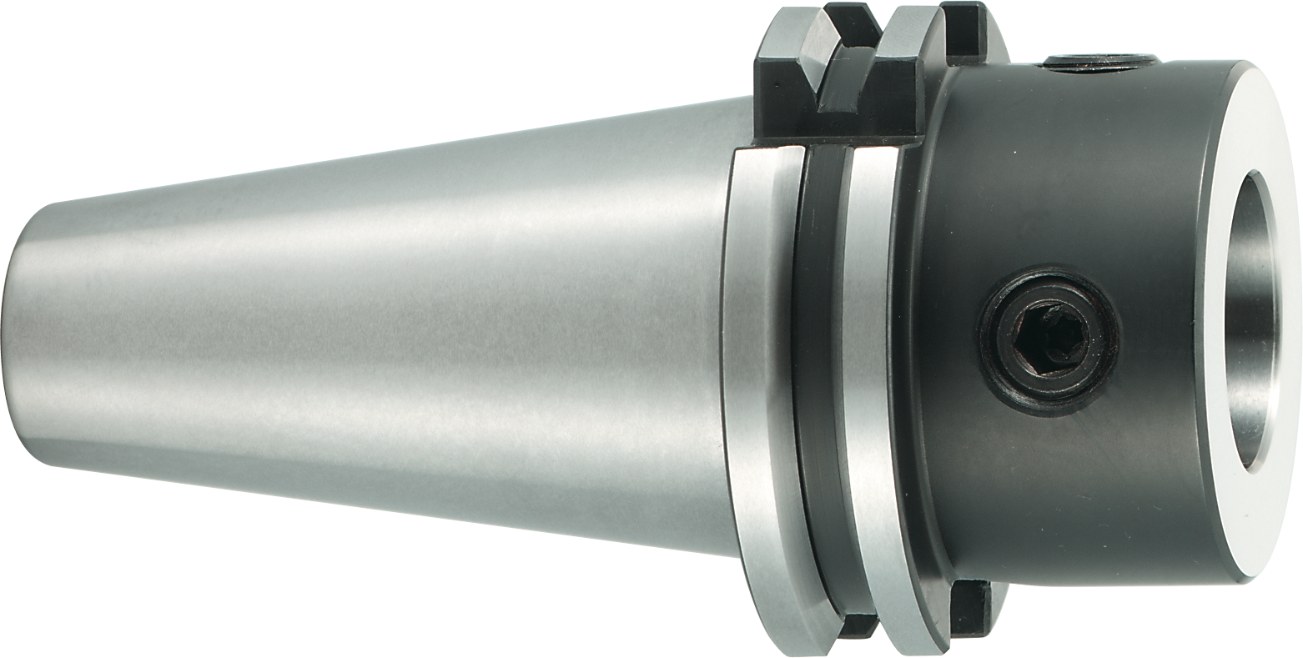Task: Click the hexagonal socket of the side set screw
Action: pyautogui.click(x=1053, y=338)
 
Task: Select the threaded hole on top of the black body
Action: pyautogui.click(x=1099, y=62)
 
